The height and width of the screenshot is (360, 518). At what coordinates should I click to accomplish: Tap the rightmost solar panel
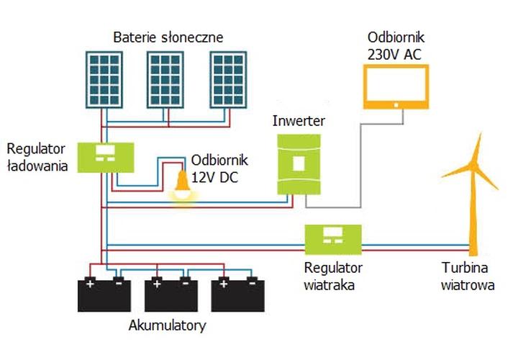(232, 81)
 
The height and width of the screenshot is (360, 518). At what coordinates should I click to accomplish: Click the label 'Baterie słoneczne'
(168, 36)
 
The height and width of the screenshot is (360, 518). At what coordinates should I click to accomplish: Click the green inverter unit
(298, 163)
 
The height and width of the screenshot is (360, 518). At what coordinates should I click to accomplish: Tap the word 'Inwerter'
(298, 121)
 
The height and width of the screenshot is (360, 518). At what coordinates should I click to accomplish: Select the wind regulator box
(332, 238)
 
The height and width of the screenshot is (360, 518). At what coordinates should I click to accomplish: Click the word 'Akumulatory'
(167, 326)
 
